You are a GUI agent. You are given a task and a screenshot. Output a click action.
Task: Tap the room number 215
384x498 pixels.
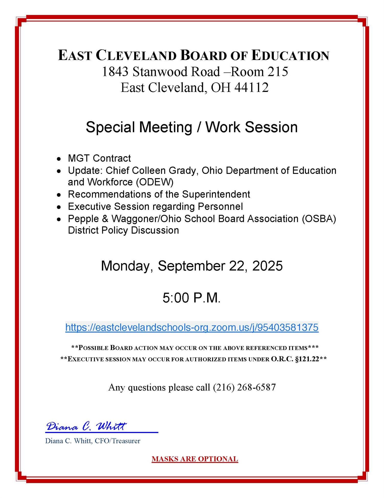pyautogui.click(x=278, y=72)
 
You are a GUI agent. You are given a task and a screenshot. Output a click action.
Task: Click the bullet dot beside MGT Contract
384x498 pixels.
pyautogui.click(x=59, y=159)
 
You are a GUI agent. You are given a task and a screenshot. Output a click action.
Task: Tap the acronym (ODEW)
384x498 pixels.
pyautogui.click(x=155, y=182)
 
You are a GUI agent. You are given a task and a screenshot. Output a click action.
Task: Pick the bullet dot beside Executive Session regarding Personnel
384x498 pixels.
pyautogui.click(x=59, y=207)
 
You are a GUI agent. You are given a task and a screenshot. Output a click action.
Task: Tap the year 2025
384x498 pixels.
pyautogui.click(x=267, y=266)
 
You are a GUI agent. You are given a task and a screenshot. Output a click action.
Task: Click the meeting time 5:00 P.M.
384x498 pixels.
pyautogui.click(x=191, y=298)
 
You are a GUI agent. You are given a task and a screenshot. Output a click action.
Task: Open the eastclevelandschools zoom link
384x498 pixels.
pyautogui.click(x=192, y=327)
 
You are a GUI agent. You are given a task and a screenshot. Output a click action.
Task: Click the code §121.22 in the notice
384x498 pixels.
pyautogui.click(x=307, y=359)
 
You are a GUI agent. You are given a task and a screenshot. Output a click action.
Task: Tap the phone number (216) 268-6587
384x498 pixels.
pyautogui.click(x=244, y=387)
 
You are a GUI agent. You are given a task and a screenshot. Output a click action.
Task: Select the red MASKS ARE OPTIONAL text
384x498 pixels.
pyautogui.click(x=195, y=459)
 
